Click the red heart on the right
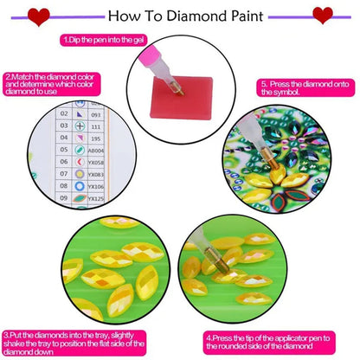[x=321, y=15]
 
